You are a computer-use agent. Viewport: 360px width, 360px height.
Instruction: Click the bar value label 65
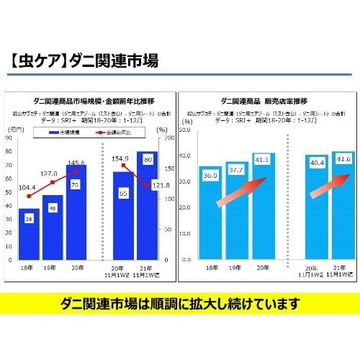point(123,193)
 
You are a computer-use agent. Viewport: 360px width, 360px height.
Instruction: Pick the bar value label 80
point(148,158)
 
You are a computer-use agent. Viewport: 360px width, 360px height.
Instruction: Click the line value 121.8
point(161,185)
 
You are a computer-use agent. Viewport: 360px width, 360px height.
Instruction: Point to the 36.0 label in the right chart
point(210,176)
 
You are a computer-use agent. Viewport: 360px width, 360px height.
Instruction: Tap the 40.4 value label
point(314,163)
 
